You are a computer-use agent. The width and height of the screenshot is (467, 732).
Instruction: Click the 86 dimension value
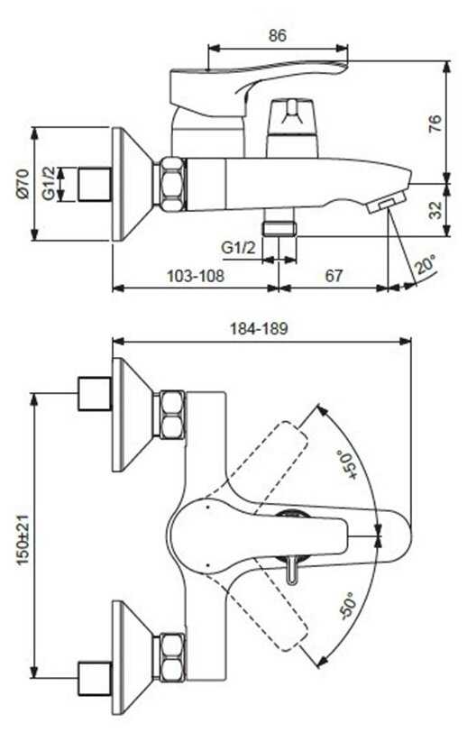pyautogui.click(x=278, y=35)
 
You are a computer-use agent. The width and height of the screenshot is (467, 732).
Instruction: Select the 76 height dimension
pyautogui.click(x=435, y=124)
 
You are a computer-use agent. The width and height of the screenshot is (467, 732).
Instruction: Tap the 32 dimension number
pyautogui.click(x=435, y=210)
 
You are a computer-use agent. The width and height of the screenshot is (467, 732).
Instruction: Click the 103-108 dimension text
pyautogui.click(x=196, y=276)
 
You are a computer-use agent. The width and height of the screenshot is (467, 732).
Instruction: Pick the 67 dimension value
pyautogui.click(x=334, y=276)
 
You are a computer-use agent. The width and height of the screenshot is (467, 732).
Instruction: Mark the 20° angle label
pyautogui.click(x=426, y=265)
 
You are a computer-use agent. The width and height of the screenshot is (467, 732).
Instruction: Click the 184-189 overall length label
pyautogui.click(x=259, y=329)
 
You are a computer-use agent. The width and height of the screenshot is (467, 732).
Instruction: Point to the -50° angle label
pyautogui.click(x=348, y=606)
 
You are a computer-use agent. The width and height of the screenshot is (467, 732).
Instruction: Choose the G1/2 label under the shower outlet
pyautogui.click(x=239, y=247)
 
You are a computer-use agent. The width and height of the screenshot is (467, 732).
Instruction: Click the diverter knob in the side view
pyautogui.click(x=292, y=127)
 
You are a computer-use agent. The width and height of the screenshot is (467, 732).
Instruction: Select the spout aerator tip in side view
pyautogui.click(x=387, y=204)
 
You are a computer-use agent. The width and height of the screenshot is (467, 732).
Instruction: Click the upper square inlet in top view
pyautogui.click(x=95, y=394)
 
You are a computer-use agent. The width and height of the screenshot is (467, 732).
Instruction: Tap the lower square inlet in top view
pyautogui.click(x=95, y=678)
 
